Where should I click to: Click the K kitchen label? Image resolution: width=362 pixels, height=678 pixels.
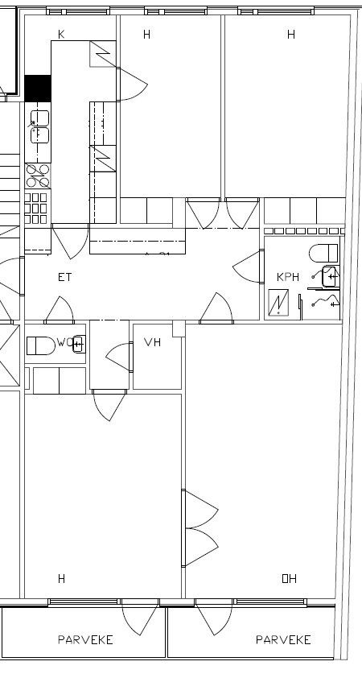tap(61, 35)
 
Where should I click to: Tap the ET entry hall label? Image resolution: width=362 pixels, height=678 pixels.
tap(65, 277)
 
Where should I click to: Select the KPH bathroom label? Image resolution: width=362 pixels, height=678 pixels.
tap(288, 277)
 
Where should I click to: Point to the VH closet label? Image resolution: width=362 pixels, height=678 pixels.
tap(152, 342)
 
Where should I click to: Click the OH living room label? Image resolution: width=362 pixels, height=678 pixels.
tap(289, 578)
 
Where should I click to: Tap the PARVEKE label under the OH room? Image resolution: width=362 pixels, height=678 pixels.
tap(283, 639)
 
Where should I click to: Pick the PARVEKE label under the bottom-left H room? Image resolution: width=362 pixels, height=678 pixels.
tap(85, 639)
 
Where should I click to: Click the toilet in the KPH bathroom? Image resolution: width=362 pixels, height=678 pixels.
tap(323, 254)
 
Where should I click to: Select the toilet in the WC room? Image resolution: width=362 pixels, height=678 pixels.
tap(41, 346)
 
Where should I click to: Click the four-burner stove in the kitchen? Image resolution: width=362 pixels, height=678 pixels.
tap(38, 176)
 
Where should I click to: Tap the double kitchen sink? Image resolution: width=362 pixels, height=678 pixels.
tap(39, 126)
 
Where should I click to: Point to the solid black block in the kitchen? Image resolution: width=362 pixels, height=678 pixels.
tap(38, 89)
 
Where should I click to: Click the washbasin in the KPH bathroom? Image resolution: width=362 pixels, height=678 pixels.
tap(331, 277)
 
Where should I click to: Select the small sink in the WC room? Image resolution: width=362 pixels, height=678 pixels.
tap(79, 344)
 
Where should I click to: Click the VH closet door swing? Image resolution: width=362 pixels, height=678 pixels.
tap(118, 357)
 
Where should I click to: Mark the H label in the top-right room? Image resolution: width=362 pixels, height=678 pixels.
tap(291, 35)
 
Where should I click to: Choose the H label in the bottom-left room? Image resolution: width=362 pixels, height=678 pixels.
tap(61, 578)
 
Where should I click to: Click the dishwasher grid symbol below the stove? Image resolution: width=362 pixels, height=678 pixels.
tap(36, 209)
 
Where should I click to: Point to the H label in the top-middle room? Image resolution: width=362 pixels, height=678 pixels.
tap(147, 35)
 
